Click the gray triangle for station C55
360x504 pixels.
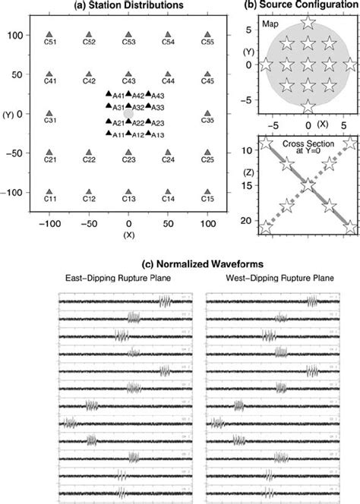tap(207, 35)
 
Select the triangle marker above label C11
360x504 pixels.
tap(49, 192)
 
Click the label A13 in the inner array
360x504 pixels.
tap(158, 135)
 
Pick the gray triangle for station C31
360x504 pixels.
tap(49, 113)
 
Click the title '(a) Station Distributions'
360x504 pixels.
tap(128, 7)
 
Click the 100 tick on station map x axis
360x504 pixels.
tap(207, 225)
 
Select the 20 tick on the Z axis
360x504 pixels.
tap(251, 220)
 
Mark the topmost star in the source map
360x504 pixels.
tap(307, 22)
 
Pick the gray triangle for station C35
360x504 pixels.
tap(207, 113)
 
